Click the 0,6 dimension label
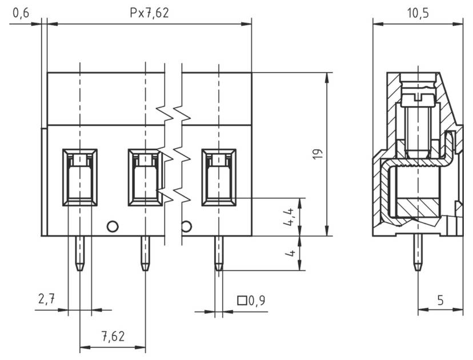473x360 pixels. (x=21, y=13)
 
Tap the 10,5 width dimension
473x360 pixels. (x=418, y=13)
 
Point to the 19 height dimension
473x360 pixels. (x=318, y=154)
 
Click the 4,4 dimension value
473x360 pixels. (x=290, y=218)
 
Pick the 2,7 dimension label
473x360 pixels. (x=47, y=299)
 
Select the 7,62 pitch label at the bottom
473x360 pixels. (x=113, y=336)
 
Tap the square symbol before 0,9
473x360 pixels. (x=242, y=300)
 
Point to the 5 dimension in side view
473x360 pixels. (x=440, y=300)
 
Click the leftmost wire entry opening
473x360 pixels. (x=79, y=177)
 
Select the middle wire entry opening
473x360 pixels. (x=145, y=177)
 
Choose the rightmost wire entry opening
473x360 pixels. (x=219, y=177)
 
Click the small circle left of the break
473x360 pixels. (x=113, y=226)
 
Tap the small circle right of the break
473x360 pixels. (x=186, y=226)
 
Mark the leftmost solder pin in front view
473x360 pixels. (x=79, y=253)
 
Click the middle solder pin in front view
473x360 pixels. (x=145, y=253)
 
